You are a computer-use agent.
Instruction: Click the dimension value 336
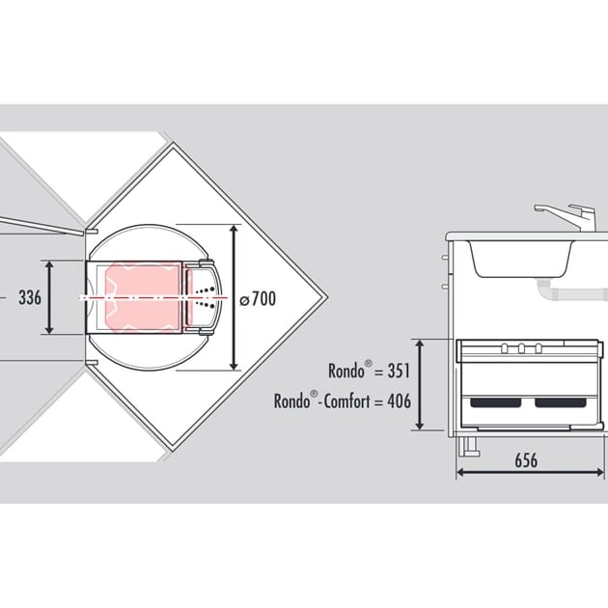tap(30, 298)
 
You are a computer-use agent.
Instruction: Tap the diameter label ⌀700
tap(258, 299)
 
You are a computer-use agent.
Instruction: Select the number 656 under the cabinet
tap(526, 460)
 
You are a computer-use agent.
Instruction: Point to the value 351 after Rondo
tap(399, 371)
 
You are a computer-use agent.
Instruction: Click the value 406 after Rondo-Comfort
tap(399, 401)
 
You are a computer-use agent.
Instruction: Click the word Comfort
tap(347, 401)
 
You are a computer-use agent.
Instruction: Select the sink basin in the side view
tap(520, 259)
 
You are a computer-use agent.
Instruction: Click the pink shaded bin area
tap(143, 297)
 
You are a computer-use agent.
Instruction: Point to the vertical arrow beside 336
tap(49, 297)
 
